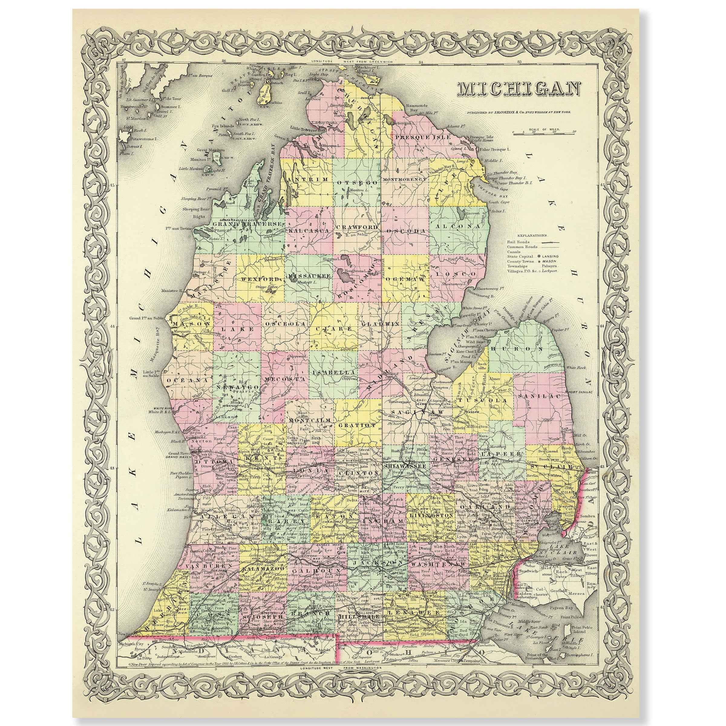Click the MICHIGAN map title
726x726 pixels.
pyautogui.click(x=518, y=89)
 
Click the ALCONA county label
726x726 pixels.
pyautogui.click(x=457, y=227)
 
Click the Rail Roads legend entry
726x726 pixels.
pyautogui.click(x=518, y=242)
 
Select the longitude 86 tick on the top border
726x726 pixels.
pyautogui.click(x=224, y=61)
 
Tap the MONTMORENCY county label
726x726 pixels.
pyautogui.click(x=405, y=180)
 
